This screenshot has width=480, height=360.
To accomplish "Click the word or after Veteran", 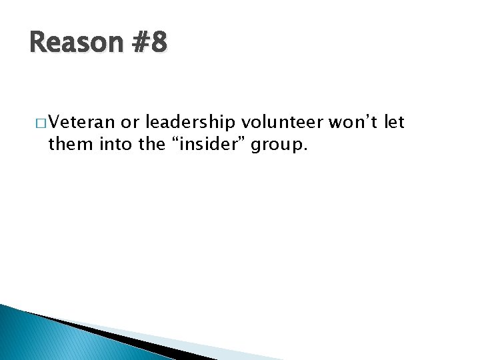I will tap(129, 123).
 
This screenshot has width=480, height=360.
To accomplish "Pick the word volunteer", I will tap(283, 123).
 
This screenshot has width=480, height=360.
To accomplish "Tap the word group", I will tap(278, 145).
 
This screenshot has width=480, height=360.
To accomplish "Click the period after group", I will tap(305, 149).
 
